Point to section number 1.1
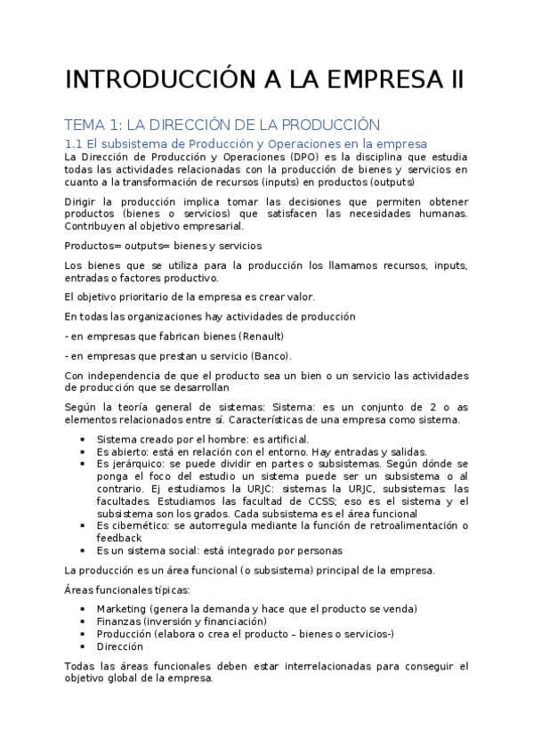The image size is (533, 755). pos(75,143)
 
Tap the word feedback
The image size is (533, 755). pos(119,538)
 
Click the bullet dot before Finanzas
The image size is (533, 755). pos(83,621)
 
